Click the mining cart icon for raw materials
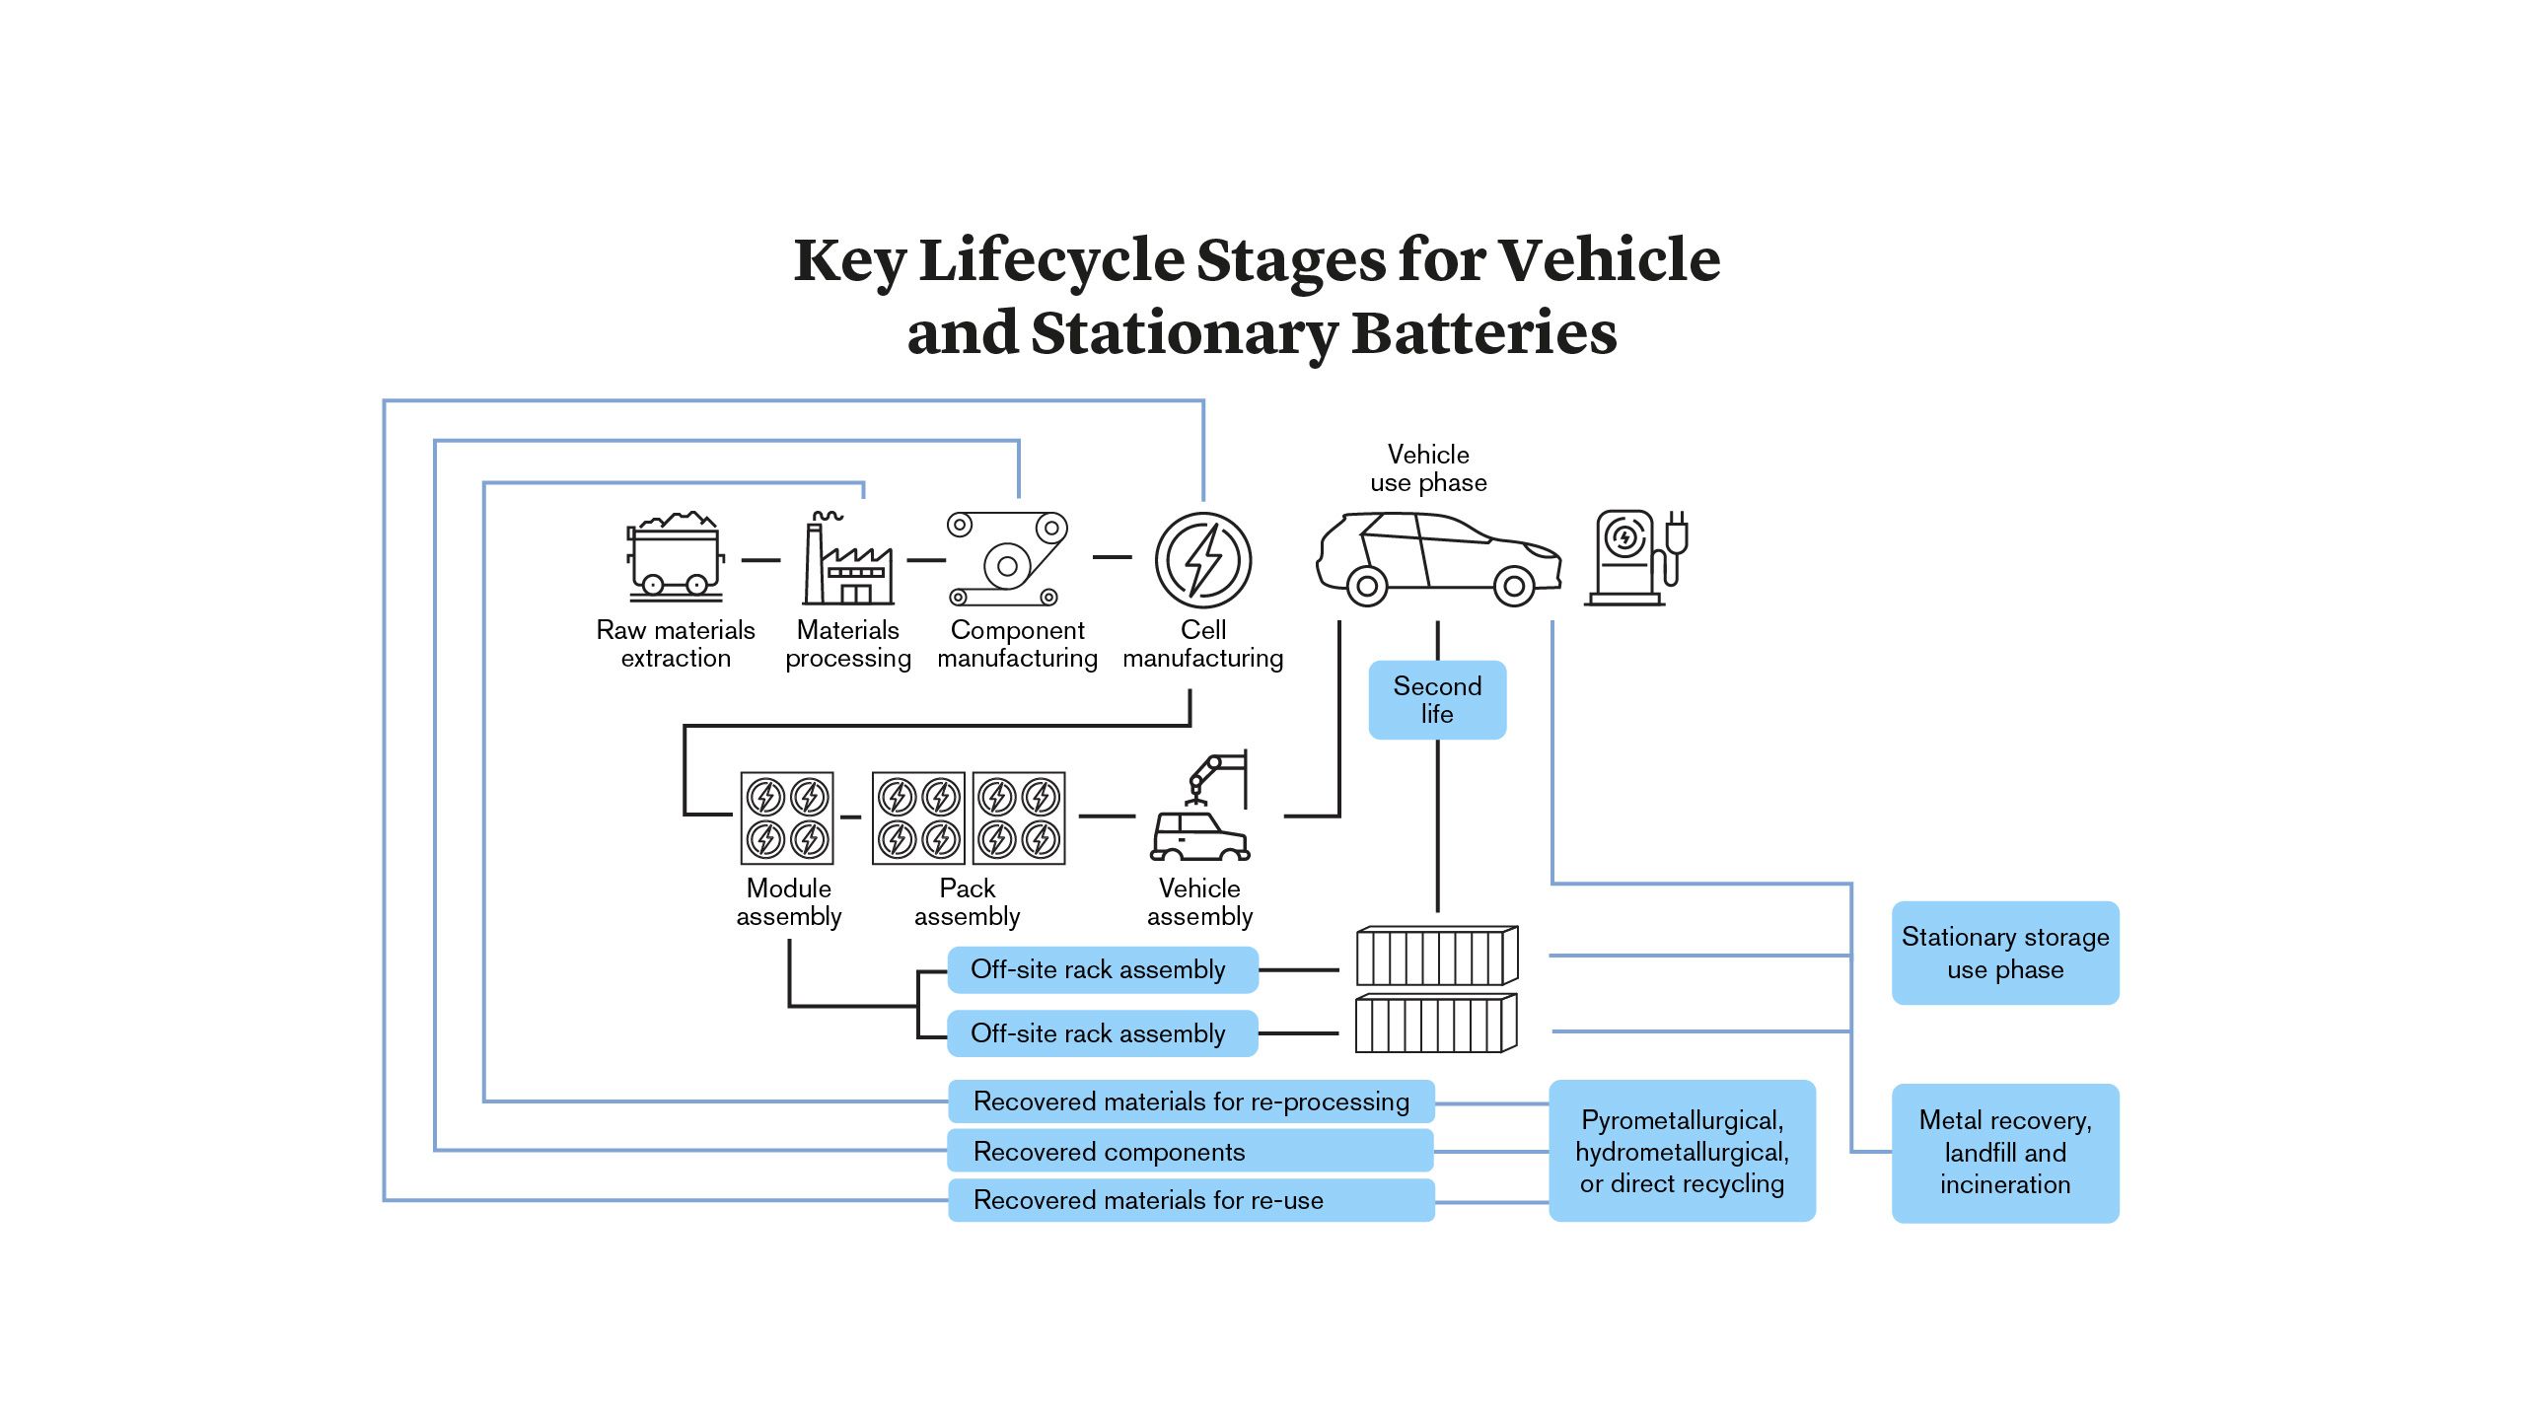pyautogui.click(x=676, y=557)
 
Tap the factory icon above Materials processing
pyautogui.click(x=848, y=560)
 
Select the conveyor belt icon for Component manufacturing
pyautogui.click(x=1008, y=559)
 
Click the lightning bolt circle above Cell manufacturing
pyautogui.click(x=1203, y=560)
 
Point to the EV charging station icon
pyautogui.click(x=1635, y=558)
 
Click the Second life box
pyautogui.click(x=1437, y=700)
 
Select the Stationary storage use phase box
pyautogui.click(x=2004, y=953)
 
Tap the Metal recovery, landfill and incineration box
pyautogui.click(x=2004, y=1153)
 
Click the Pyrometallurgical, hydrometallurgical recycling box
pyautogui.click(x=1682, y=1151)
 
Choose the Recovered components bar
pyautogui.click(x=1190, y=1151)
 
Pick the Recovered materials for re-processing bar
pyautogui.click(x=1190, y=1101)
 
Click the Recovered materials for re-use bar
pyautogui.click(x=1190, y=1200)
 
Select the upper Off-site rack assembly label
pyautogui.click(x=1102, y=970)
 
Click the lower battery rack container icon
pyautogui.click(x=1436, y=1025)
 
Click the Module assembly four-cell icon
pyautogui.click(x=787, y=818)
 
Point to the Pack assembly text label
pyautogui.click(x=967, y=902)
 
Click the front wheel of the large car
pyautogui.click(x=1514, y=587)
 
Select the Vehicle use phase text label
pyautogui.click(x=1428, y=468)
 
